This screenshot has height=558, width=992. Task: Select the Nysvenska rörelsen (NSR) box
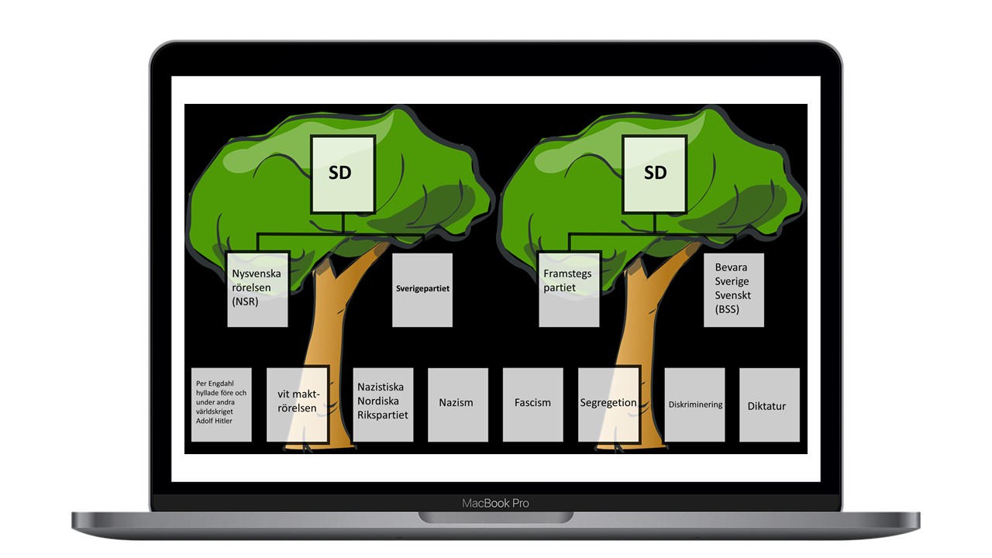[257, 288]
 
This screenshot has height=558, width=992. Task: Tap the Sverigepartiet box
[422, 289]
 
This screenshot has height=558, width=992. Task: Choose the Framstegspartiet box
[569, 288]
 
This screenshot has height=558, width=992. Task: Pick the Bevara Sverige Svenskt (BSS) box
[733, 290]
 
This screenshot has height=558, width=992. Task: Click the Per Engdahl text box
[222, 405]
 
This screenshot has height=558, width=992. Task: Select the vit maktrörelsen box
[298, 403]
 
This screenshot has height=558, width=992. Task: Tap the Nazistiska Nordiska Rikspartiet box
[383, 404]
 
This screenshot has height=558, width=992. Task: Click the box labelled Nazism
[457, 404]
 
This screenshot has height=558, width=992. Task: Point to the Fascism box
[532, 404]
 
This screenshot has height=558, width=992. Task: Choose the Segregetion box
[608, 404]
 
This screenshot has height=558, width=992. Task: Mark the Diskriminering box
[694, 405]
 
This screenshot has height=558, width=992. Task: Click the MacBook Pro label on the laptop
[495, 503]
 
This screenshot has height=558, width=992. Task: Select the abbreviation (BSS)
[727, 309]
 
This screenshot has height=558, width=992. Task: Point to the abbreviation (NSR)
[246, 301]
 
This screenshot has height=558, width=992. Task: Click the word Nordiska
[379, 401]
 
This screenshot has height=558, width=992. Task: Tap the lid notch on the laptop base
[495, 516]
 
